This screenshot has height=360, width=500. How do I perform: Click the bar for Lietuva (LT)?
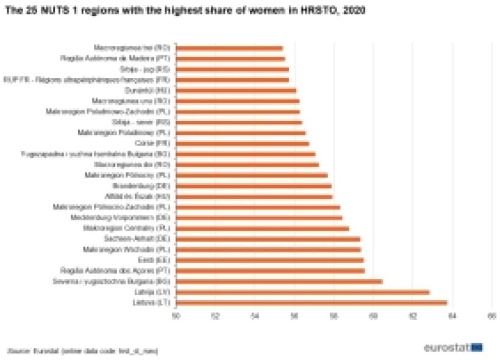pyautogui.click(x=312, y=303)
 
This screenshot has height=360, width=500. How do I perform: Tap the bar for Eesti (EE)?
pyautogui.click(x=270, y=260)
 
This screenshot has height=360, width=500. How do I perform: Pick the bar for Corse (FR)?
pyautogui.click(x=243, y=143)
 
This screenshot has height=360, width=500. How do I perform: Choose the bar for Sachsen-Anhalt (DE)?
pyautogui.click(x=268, y=239)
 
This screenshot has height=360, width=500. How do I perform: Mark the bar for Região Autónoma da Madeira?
pyautogui.click(x=230, y=59)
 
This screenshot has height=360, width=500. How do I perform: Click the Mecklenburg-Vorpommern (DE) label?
pyautogui.click(x=135, y=218)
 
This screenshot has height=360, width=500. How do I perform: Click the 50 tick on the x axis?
pyautogui.click(x=176, y=316)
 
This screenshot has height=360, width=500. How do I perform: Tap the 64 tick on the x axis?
pyautogui.click(x=452, y=316)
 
